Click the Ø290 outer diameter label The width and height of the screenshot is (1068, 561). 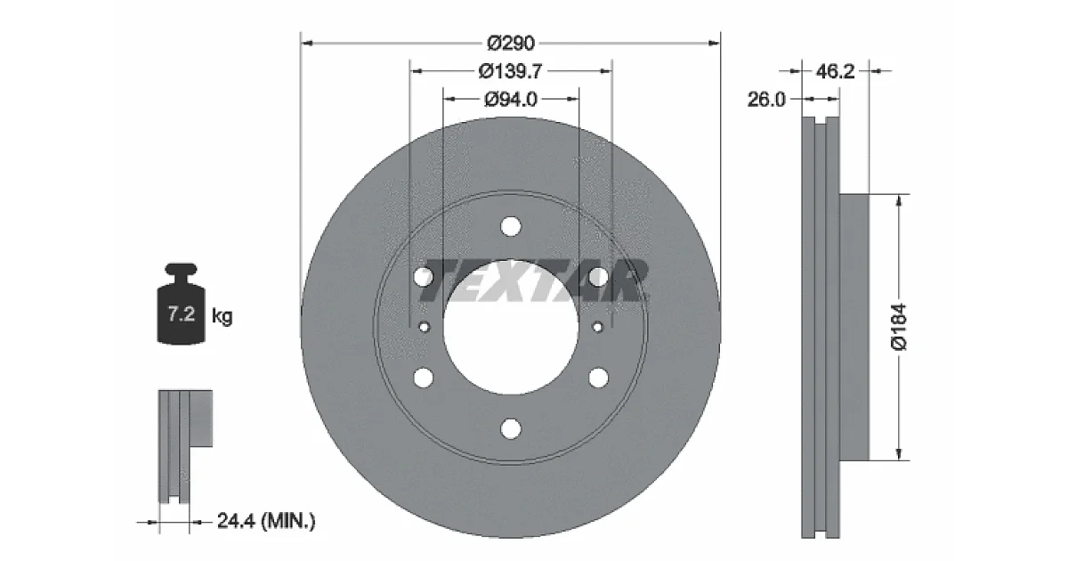(x=511, y=44)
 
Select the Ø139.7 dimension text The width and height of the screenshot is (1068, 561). (x=510, y=71)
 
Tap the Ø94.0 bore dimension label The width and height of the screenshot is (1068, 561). (x=511, y=99)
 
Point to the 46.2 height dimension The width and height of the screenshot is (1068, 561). (x=835, y=71)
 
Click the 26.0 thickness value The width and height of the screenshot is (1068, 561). (x=765, y=99)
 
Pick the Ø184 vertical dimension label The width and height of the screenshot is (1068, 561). (x=899, y=327)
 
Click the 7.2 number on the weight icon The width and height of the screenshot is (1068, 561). (x=182, y=313)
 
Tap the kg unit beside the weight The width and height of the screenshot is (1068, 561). (x=222, y=316)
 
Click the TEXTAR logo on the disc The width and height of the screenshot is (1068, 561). (x=533, y=281)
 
